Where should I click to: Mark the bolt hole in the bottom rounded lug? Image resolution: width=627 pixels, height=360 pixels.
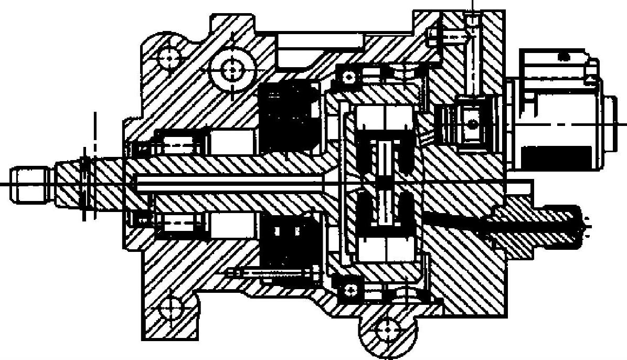click(x=388, y=329)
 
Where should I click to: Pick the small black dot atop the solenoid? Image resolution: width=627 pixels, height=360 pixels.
click(x=565, y=55)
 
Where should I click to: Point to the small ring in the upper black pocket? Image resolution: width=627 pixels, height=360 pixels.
click(x=347, y=77)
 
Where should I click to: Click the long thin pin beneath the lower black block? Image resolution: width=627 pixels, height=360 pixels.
click(x=273, y=273)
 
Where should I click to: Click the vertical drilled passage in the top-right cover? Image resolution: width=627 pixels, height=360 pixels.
click(x=473, y=58)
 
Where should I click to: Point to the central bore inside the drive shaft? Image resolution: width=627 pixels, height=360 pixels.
click(x=231, y=183)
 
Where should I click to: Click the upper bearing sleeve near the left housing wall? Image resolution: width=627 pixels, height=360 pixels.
click(x=178, y=142)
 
